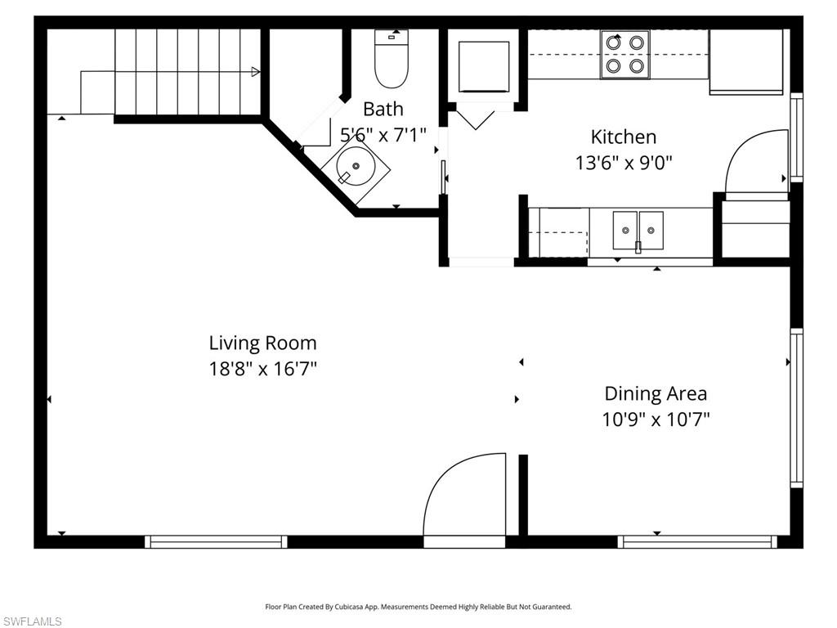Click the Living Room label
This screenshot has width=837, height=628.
coord(262,343)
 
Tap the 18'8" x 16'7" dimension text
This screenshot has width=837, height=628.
coord(262,369)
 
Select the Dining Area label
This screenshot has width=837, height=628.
coord(656,393)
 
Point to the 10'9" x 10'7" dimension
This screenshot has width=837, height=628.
coord(656,419)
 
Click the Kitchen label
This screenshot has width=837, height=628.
coord(624,137)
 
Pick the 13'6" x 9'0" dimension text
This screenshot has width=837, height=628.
coord(624,162)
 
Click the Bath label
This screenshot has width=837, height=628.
coord(383,109)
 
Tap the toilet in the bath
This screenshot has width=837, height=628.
coord(392,61)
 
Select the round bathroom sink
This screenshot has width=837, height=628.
coord(355,167)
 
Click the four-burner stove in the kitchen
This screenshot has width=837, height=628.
coord(624,54)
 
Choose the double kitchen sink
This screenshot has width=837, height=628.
coord(638,228)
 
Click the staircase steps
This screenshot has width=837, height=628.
coord(188,72)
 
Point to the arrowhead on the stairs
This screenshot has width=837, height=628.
coord(255,72)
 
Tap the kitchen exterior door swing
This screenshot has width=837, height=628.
coord(756,164)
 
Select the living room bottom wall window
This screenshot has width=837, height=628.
coord(216,541)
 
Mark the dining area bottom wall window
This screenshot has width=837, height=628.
coord(697,541)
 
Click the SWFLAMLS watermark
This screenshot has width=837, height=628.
coord(32,621)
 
